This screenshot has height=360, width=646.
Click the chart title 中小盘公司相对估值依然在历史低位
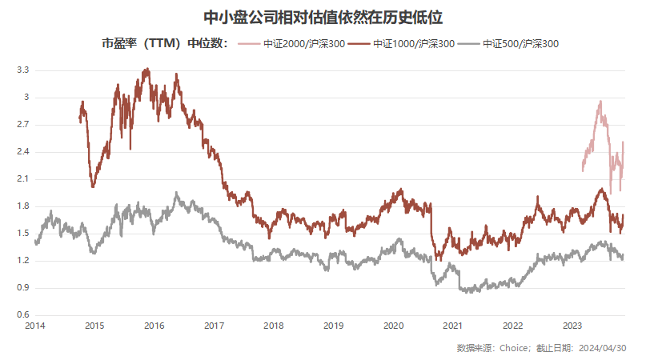pos(323,16)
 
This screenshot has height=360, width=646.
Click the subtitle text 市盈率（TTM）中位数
pos(164,45)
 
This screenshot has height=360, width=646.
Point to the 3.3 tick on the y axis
pos(22,70)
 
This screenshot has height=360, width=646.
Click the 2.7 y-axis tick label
pos(22,125)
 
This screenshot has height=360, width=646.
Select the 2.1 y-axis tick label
pos(22,179)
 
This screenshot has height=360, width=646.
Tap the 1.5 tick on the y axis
pos(22,234)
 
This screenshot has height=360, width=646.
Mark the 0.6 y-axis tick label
pos(22,315)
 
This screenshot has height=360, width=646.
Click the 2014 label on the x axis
pos(34,326)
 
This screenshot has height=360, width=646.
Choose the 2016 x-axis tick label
pos(154,326)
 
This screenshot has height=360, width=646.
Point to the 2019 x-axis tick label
pos(333,326)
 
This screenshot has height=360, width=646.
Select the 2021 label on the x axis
pos(453,326)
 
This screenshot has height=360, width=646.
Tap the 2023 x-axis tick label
pos(572,326)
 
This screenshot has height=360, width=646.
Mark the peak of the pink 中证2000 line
pos(600,102)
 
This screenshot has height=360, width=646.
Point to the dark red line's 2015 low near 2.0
pos(94,186)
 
